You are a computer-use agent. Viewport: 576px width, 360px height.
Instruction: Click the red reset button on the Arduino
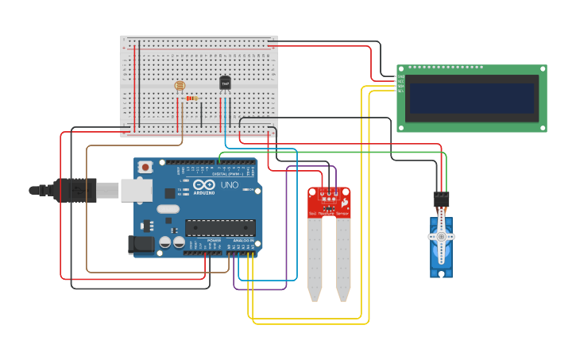point(145,168)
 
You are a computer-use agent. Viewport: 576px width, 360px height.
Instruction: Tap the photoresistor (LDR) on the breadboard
point(179,86)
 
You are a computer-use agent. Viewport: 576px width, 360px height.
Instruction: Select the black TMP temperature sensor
point(225,83)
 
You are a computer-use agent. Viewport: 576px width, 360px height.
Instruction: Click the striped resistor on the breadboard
point(191,99)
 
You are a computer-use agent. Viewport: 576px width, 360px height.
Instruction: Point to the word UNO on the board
point(230,185)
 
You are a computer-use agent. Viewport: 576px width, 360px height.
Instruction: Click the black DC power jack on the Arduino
point(141,244)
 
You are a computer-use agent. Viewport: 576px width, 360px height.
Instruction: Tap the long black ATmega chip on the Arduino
point(220,227)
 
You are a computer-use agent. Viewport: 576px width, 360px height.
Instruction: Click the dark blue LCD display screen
point(471,98)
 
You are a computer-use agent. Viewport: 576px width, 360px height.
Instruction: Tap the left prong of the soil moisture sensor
point(315,258)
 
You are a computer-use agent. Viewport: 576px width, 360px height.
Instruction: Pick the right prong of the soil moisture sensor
point(343,258)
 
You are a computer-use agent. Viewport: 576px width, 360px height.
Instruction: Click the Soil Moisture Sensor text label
point(328,214)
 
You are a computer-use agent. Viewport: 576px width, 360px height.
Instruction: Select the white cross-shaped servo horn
point(441,237)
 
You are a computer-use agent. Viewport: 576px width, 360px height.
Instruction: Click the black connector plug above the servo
point(441,199)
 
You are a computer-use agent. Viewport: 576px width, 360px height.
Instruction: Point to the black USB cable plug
point(75,190)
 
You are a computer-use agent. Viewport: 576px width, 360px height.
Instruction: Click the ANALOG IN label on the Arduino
point(242,240)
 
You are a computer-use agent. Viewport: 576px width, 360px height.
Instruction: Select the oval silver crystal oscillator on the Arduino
point(168,209)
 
